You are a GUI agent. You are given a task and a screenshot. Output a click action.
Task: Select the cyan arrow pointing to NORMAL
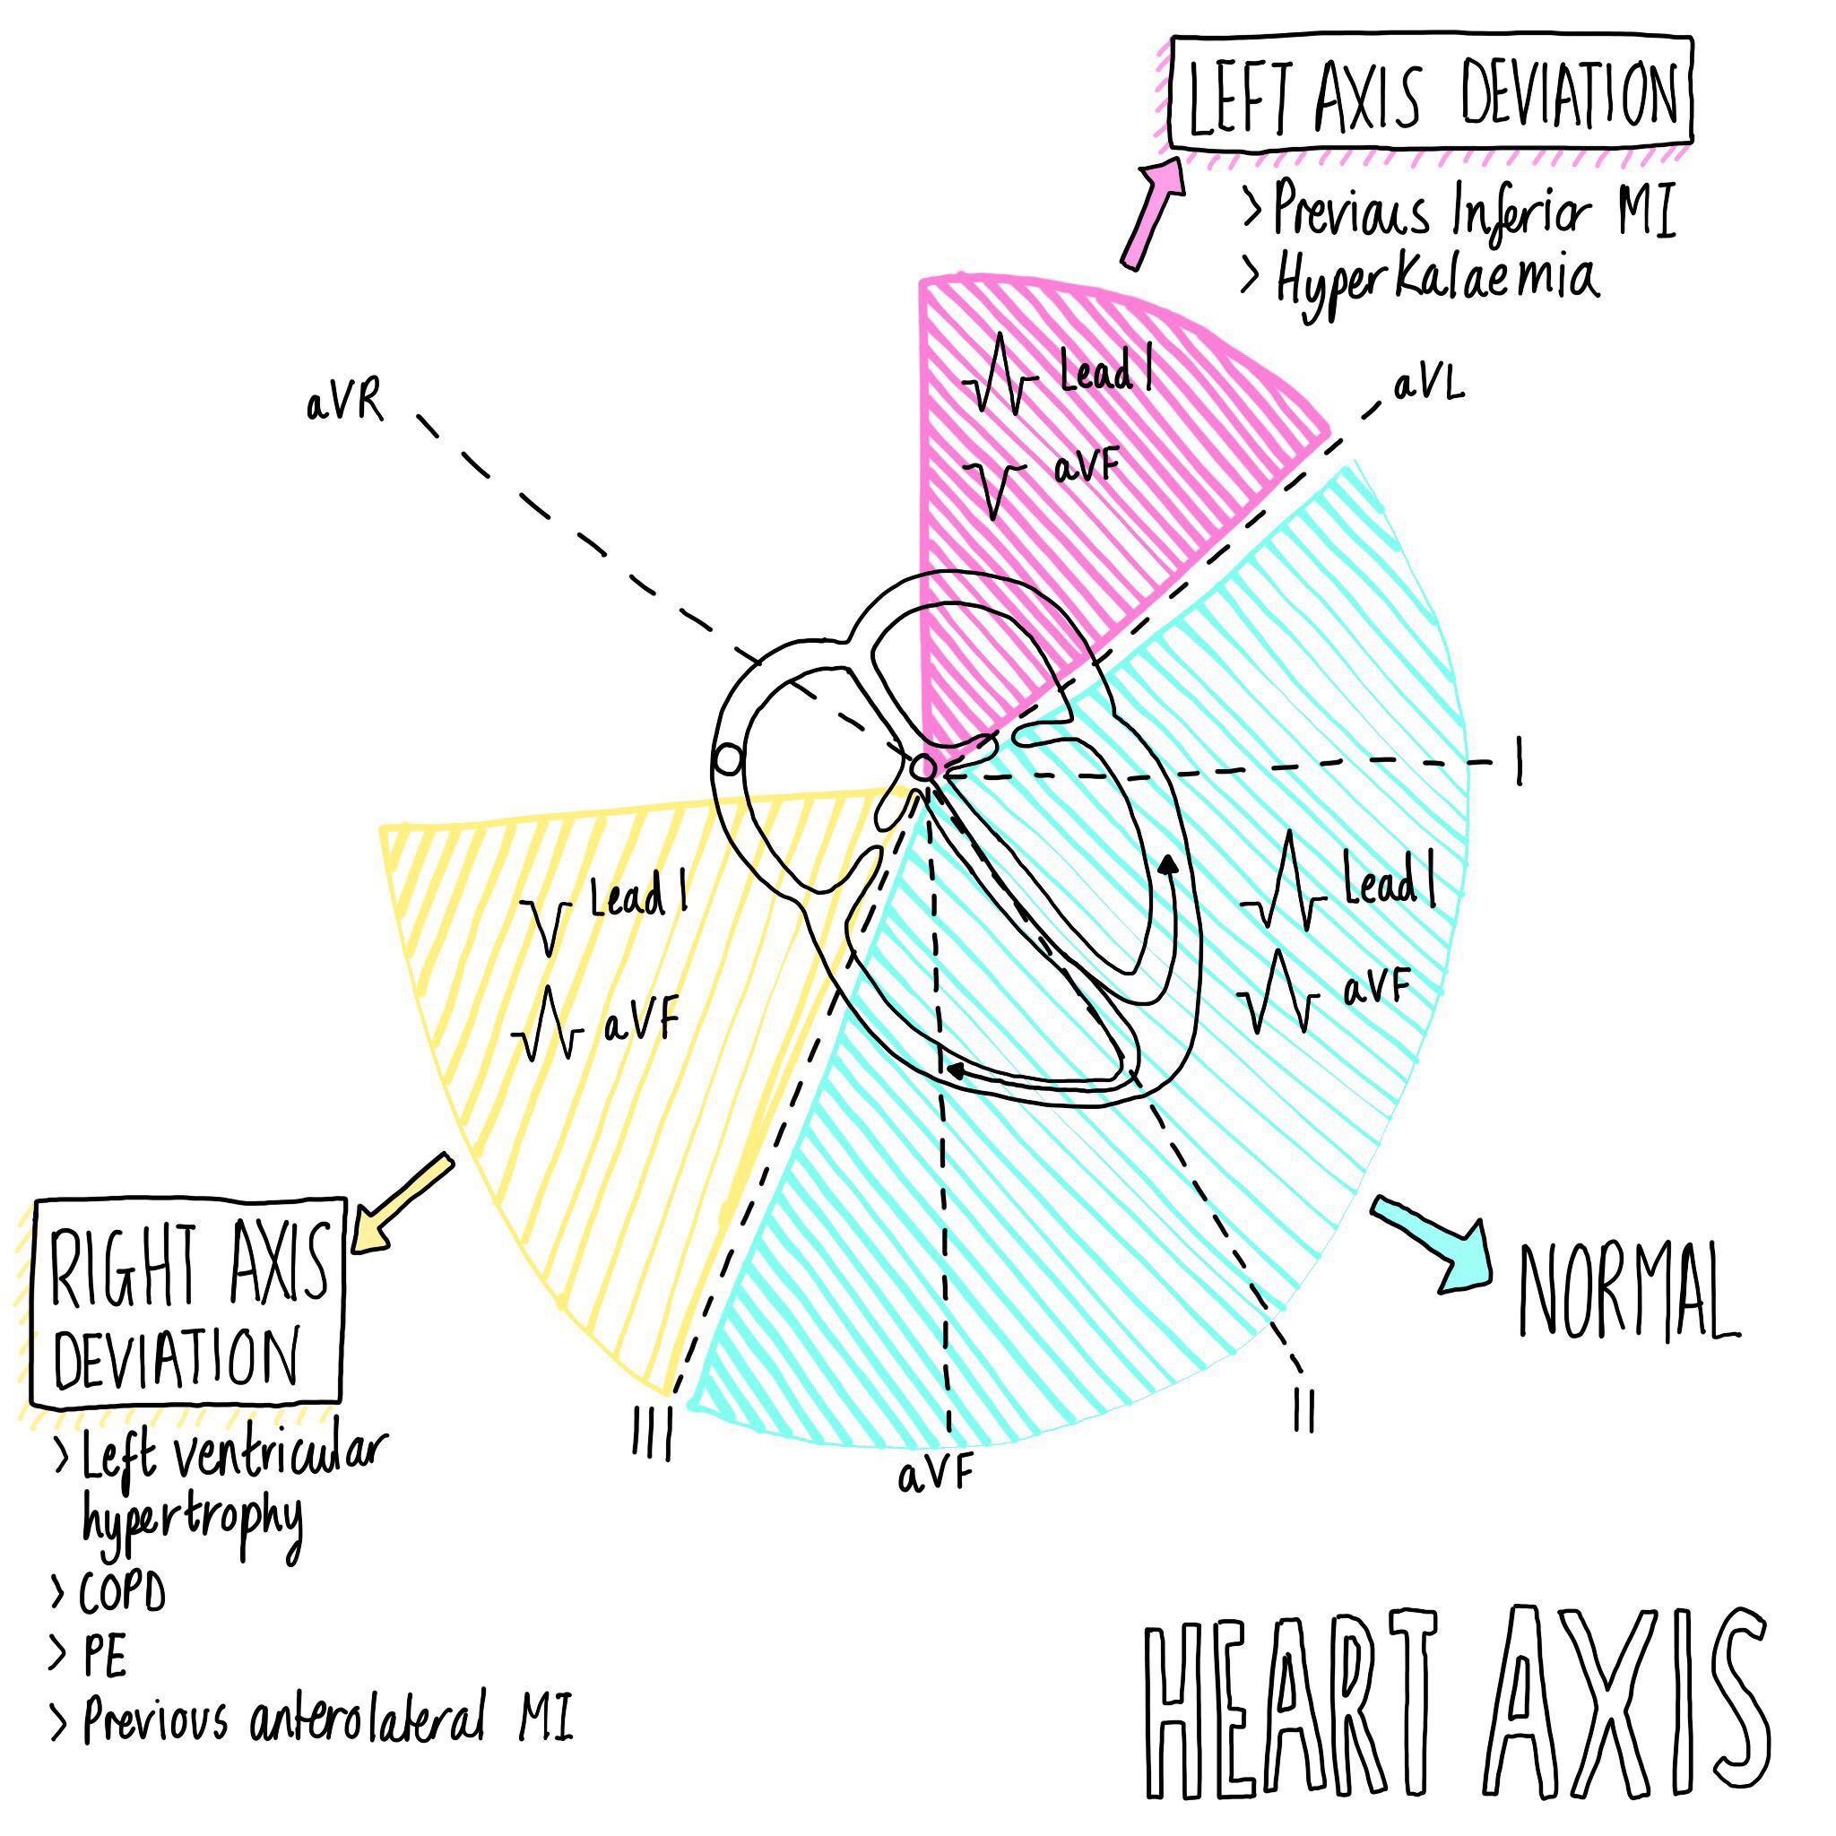pyautogui.click(x=1433, y=1247)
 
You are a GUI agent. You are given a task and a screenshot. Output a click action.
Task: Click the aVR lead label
pyautogui.click(x=345, y=404)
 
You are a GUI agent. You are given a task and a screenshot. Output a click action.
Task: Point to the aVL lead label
pyautogui.click(x=1428, y=385)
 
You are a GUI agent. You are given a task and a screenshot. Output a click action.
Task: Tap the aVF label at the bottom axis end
pyautogui.click(x=935, y=1476)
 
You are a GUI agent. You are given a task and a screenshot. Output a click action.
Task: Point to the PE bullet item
pyautogui.click(x=102, y=1658)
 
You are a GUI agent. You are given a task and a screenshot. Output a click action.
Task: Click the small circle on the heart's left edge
pyautogui.click(x=727, y=760)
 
